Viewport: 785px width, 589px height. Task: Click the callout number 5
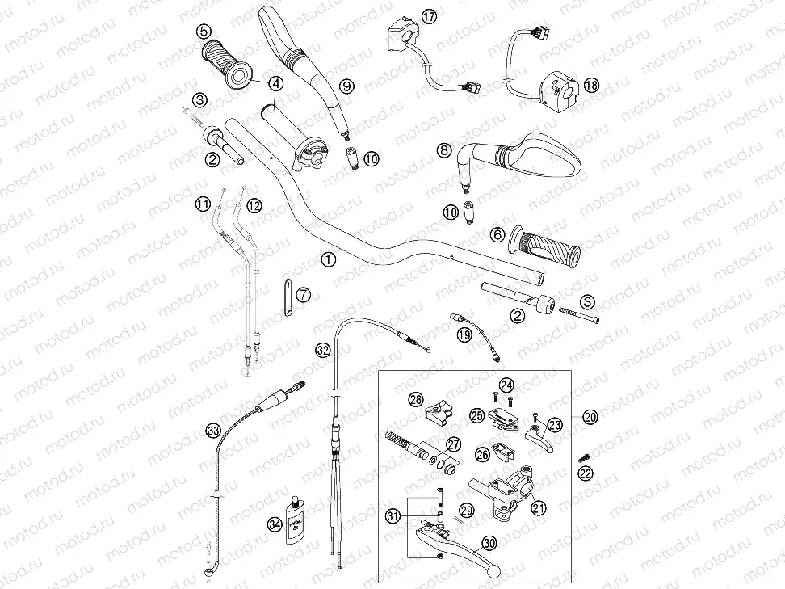[202, 33]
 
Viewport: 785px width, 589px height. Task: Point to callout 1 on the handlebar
[327, 259]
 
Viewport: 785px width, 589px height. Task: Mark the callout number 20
[590, 417]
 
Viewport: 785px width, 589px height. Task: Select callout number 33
[212, 431]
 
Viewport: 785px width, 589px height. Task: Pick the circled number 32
[323, 350]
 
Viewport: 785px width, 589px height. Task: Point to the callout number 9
[346, 85]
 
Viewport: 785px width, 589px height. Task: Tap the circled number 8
[443, 149]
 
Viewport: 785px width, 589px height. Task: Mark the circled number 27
[453, 444]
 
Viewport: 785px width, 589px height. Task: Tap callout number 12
[254, 205]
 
